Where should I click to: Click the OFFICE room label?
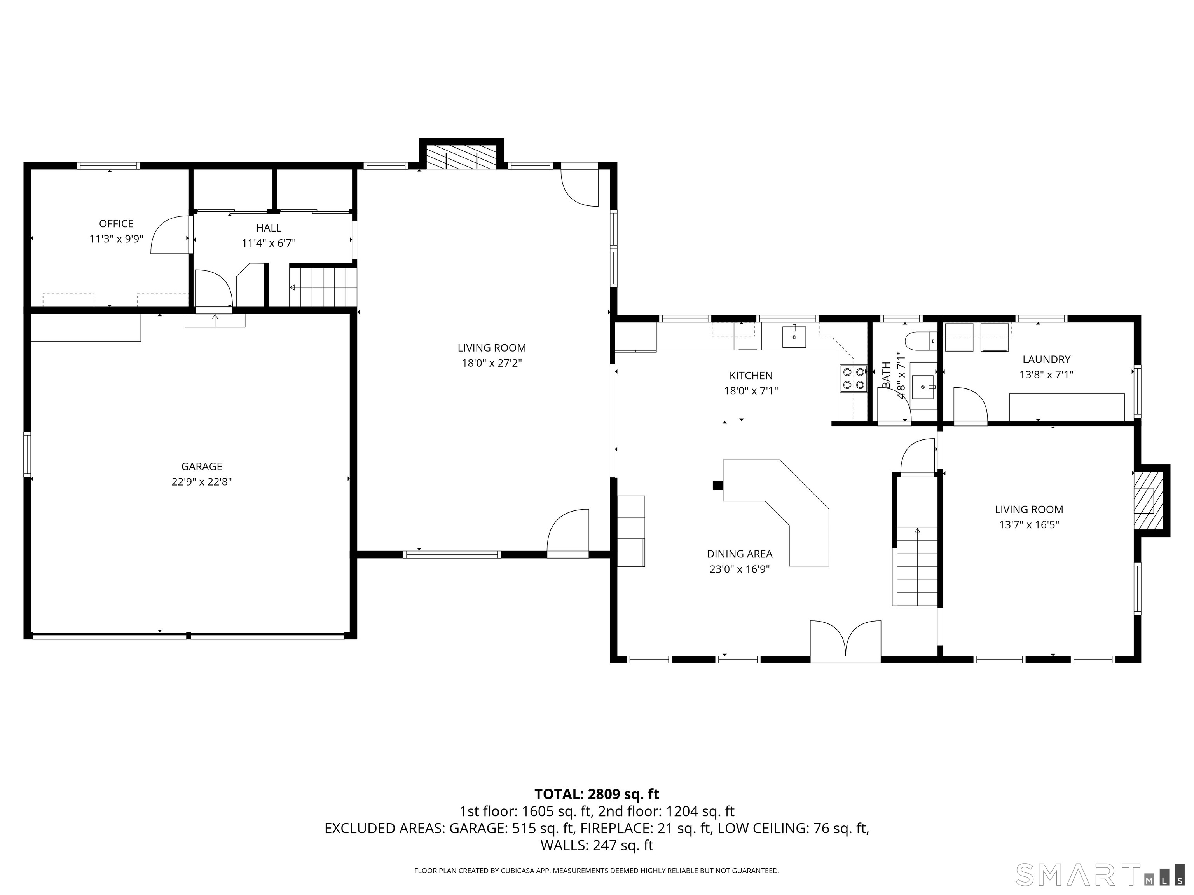pos(116,223)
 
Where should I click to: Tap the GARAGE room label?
pos(201,466)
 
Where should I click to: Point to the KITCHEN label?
pos(751,376)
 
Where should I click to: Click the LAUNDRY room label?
pos(1046,359)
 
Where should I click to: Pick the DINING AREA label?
pos(740,554)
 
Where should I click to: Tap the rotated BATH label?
pos(886,374)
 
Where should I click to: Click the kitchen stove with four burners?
pos(853,378)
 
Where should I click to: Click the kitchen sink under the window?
pos(794,337)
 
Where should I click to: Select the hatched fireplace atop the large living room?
pos(461,157)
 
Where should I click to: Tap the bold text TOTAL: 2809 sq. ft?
pos(597,794)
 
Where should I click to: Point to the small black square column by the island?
pos(717,485)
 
